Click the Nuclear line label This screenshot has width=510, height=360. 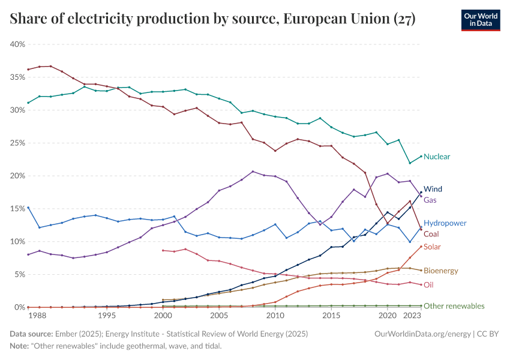point(436,157)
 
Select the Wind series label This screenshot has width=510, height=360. point(433,189)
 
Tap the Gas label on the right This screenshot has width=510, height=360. point(431,200)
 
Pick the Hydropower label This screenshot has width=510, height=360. point(445,223)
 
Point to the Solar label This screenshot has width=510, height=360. point(433,247)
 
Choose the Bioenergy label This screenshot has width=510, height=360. point(440,271)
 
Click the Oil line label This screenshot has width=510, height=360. point(428,285)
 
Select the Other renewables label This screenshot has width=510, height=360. point(454,306)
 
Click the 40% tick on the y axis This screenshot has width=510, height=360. point(17,44)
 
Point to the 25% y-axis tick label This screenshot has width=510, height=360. point(17,143)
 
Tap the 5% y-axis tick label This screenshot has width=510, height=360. point(19,274)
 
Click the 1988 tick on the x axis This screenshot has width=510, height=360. point(37,316)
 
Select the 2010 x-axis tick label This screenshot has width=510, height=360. point(275,316)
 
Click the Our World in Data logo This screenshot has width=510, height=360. point(481,20)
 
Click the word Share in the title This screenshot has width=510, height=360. point(28,20)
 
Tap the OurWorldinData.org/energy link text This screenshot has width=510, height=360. point(422,334)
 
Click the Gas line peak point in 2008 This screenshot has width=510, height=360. point(253,172)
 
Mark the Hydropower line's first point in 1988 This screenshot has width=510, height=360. point(28,208)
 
